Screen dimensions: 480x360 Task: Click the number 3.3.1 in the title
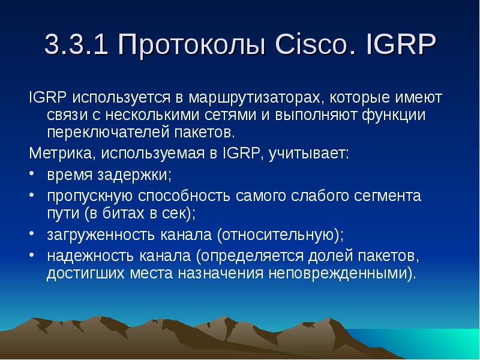pyautogui.click(x=77, y=44)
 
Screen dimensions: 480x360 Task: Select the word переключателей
pyautogui.click(x=108, y=133)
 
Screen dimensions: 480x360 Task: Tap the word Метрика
pyautogui.click(x=60, y=153)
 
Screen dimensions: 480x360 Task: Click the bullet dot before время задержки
pyautogui.click(x=32, y=172)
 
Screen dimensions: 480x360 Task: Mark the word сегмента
pyautogui.click(x=388, y=196)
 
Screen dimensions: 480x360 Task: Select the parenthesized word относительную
pyautogui.click(x=278, y=235)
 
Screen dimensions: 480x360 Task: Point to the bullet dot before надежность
pyautogui.click(x=32, y=254)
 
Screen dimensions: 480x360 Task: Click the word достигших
pyautogui.click(x=86, y=273)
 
